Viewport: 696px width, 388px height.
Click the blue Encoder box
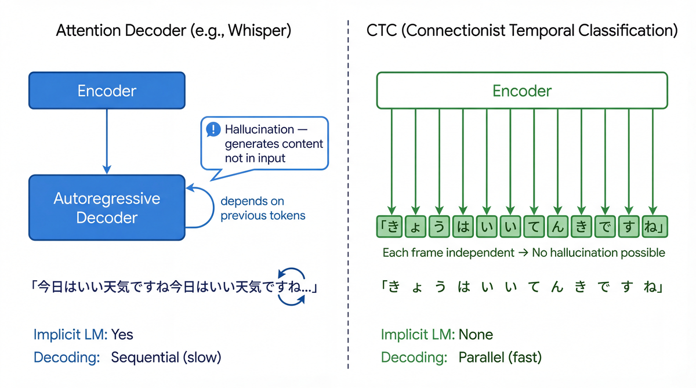107,90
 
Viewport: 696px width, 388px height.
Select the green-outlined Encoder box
522,90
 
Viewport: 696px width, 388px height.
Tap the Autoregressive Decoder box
107,208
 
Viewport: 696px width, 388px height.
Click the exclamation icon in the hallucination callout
212,129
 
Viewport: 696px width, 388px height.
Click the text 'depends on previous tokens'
262,208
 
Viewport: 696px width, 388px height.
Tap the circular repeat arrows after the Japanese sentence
291,287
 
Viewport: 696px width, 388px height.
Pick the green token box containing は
463,226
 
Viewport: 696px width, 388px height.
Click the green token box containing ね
653,226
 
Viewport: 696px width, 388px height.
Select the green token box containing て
534,226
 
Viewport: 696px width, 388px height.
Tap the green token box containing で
605,226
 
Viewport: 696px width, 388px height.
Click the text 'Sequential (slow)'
166,357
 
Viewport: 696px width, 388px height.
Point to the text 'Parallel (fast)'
500,357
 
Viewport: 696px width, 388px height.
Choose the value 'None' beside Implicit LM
476,335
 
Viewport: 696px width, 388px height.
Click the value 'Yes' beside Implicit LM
122,335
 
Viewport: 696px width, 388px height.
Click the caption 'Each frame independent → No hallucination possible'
523,253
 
